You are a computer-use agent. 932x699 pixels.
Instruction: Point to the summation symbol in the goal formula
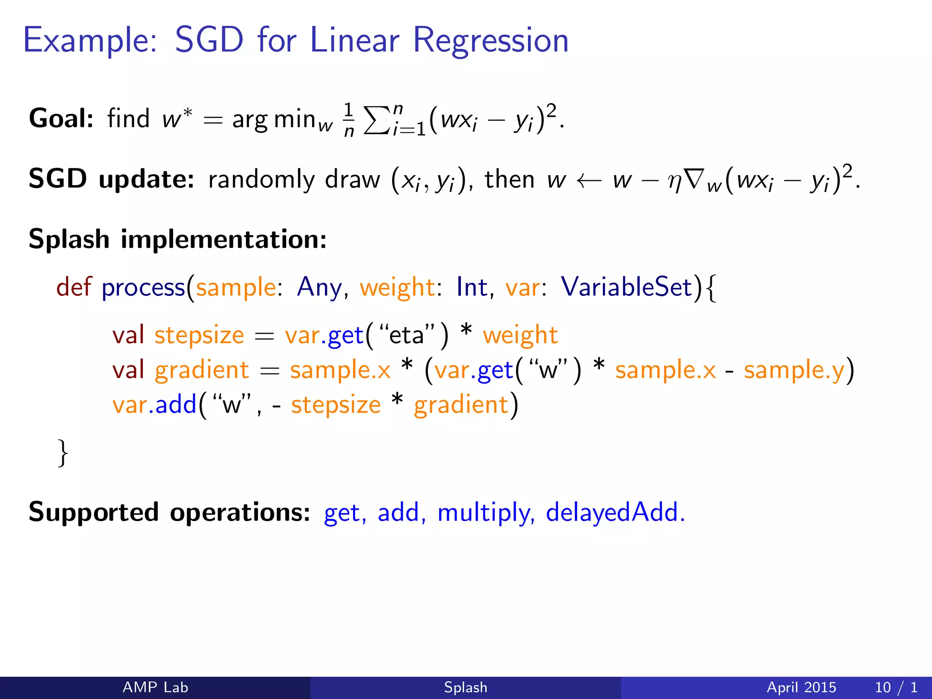click(377, 121)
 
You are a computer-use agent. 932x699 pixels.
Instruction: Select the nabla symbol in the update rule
click(693, 179)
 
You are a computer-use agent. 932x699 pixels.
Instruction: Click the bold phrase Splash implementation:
click(177, 239)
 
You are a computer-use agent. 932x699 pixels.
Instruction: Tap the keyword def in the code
click(74, 287)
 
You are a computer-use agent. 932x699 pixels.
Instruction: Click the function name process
click(143, 288)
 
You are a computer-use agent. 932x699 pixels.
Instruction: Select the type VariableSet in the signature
click(626, 287)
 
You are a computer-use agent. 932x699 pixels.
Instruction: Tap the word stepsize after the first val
click(199, 336)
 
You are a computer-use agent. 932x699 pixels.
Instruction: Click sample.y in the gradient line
click(794, 370)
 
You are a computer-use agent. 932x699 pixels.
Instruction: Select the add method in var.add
click(176, 405)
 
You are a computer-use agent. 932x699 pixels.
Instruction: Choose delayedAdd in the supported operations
click(615, 512)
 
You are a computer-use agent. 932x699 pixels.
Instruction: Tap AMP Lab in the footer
click(155, 687)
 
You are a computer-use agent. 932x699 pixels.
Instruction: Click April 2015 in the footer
click(801, 687)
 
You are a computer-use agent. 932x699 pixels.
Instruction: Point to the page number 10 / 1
click(896, 687)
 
